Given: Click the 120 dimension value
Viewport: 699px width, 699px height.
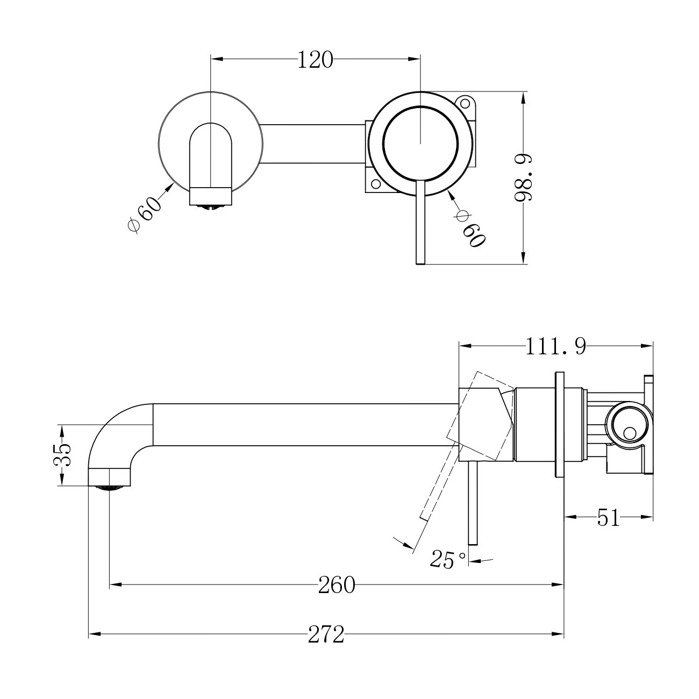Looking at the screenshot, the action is click(x=315, y=60).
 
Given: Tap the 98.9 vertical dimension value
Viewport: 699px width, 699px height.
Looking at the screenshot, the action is click(x=523, y=177).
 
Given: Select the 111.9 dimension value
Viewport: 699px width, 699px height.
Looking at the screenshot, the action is click(x=556, y=346).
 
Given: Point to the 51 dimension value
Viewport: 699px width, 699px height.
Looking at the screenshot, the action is click(x=608, y=518).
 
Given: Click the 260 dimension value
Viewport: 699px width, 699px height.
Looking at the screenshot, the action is click(x=337, y=585).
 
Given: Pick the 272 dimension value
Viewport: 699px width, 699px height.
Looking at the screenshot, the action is click(x=326, y=635).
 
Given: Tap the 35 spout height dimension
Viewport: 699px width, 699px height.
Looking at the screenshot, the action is click(x=62, y=454).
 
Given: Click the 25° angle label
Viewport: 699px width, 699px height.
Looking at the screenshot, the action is click(x=448, y=560).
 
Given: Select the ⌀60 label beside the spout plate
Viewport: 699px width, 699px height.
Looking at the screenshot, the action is click(x=145, y=215).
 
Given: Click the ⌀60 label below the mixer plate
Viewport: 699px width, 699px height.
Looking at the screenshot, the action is click(x=470, y=229).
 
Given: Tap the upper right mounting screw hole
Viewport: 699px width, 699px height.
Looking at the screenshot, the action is click(x=465, y=103).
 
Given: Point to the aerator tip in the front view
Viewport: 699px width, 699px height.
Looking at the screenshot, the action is click(x=211, y=208).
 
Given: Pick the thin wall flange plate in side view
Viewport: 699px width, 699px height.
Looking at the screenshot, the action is click(x=559, y=424).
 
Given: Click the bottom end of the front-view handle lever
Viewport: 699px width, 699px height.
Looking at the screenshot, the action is click(x=420, y=263).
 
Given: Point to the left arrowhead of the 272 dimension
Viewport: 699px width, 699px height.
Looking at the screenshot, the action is click(x=94, y=634).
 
